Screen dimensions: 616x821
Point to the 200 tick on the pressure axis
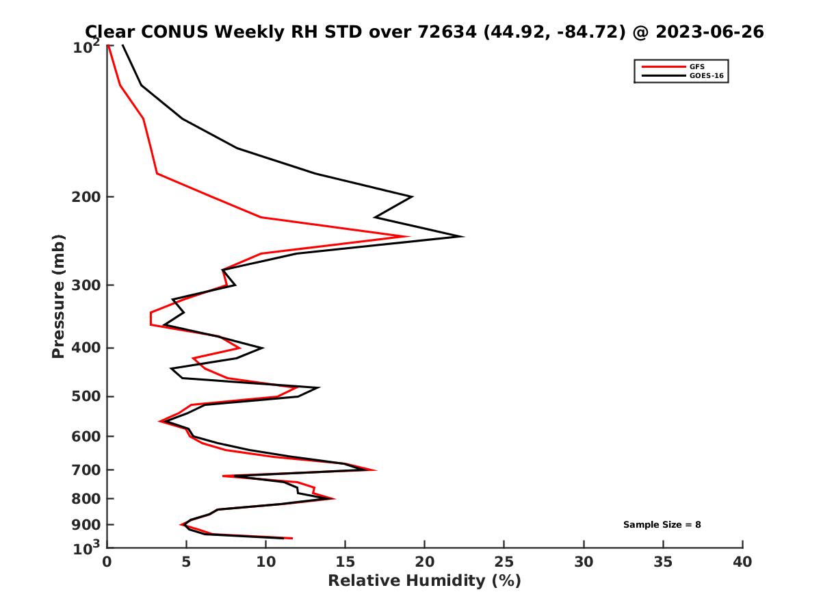pos(86,197)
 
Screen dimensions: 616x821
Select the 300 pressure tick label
pos(86,285)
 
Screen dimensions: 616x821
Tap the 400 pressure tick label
pos(86,348)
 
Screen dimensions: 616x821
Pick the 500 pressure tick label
pos(86,396)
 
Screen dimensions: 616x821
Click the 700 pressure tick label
pos(86,470)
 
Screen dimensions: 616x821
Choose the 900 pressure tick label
pos(86,524)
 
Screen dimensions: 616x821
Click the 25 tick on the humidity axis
pos(504,562)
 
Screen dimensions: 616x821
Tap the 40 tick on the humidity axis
pos(742,562)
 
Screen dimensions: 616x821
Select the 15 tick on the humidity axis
pos(345,562)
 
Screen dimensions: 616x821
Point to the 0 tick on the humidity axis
pos(107,562)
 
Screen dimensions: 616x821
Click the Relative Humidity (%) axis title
pos(424,581)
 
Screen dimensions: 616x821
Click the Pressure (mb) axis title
pos(58,296)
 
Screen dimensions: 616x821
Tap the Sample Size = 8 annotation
pos(662,525)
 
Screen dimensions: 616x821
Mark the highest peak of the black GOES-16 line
pos(463,237)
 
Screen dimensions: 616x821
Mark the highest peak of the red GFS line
pos(408,237)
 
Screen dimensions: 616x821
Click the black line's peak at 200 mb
pos(412,197)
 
